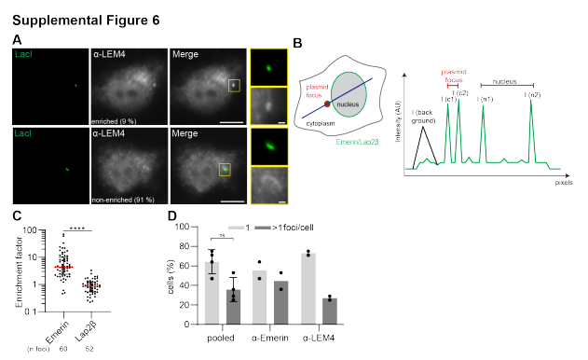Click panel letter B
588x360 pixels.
[x=297, y=42]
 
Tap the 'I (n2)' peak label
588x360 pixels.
[x=531, y=96]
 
